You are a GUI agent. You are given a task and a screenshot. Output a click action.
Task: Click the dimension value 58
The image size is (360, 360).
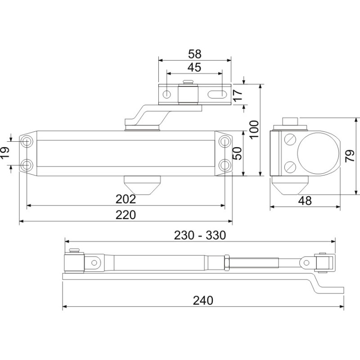(x=195, y=54)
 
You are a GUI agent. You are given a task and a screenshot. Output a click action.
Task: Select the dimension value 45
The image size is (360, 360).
(x=194, y=67)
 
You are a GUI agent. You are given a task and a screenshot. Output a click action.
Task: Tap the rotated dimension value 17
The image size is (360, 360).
(x=238, y=94)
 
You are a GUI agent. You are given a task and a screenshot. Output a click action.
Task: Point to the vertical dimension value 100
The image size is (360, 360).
(x=254, y=129)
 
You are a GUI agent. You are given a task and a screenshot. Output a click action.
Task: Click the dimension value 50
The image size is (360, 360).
(x=237, y=153)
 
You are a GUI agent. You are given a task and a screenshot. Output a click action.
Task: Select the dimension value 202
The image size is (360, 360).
(x=126, y=199)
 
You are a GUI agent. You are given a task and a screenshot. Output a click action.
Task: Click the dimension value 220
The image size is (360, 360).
(x=126, y=215)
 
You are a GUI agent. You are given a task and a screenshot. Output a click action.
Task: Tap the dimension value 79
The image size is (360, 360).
(x=350, y=156)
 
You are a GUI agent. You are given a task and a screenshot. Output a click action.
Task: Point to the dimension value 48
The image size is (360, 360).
(x=305, y=201)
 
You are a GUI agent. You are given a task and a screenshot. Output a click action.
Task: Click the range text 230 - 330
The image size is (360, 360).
(x=200, y=235)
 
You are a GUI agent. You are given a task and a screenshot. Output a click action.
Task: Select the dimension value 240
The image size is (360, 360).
(x=203, y=300)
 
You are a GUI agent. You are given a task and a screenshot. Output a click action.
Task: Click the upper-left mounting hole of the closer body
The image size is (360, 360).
(x=27, y=141)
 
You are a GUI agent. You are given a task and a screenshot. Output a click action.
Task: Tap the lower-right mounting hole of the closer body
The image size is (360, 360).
(x=225, y=165)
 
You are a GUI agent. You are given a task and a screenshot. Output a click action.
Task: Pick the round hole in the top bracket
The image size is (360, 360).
(x=166, y=94)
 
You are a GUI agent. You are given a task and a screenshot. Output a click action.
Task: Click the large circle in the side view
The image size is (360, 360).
(x=318, y=153)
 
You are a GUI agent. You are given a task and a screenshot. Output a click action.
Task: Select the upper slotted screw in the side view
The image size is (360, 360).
(x=290, y=139)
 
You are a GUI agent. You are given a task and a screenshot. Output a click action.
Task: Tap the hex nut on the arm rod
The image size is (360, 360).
(x=227, y=263)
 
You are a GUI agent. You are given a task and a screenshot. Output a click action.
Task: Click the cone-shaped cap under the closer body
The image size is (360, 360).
(x=142, y=185)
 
